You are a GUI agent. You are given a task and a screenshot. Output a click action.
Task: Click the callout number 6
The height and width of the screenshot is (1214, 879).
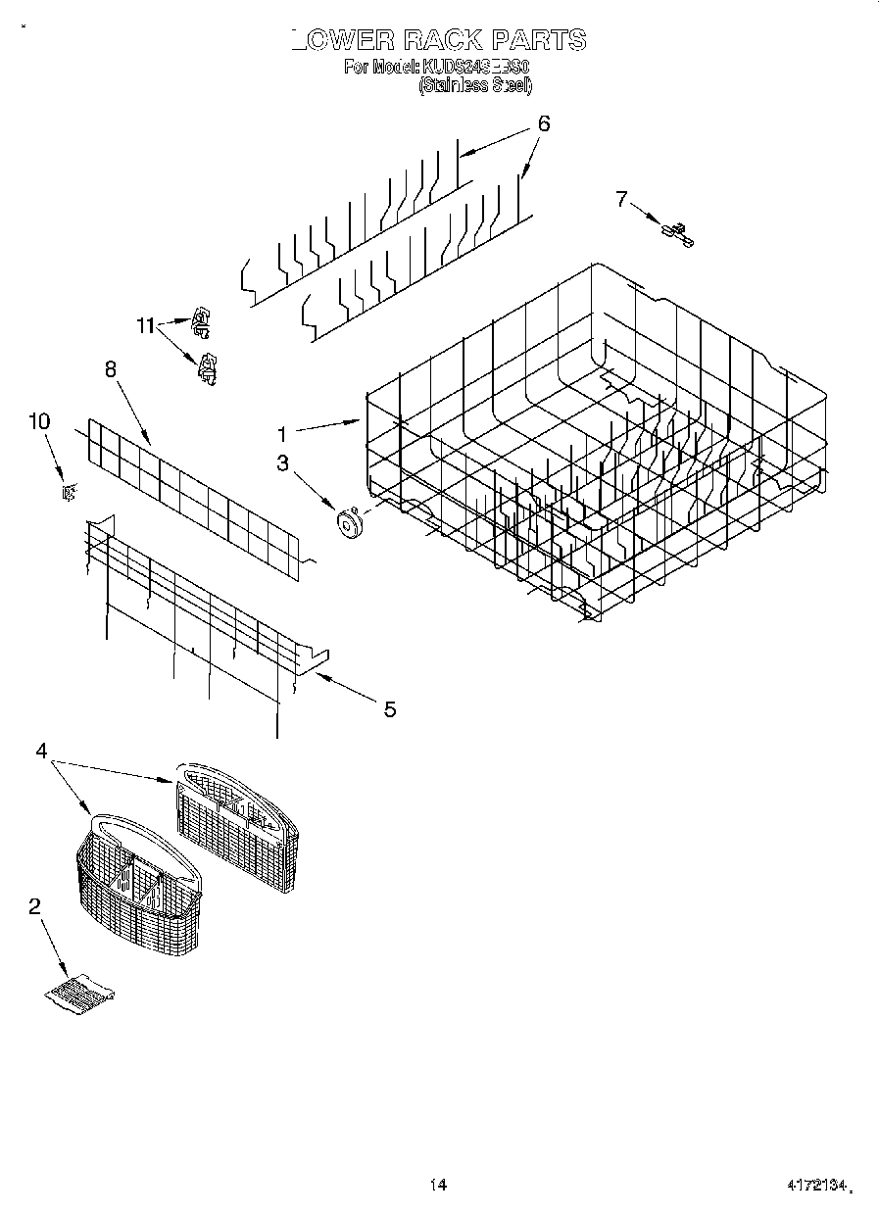(543, 123)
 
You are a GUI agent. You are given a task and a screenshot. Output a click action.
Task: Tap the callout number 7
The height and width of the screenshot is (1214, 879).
(620, 199)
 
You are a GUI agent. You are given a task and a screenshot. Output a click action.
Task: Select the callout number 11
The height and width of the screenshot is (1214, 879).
(146, 326)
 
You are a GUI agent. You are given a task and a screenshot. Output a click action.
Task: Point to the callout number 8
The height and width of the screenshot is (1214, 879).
(110, 368)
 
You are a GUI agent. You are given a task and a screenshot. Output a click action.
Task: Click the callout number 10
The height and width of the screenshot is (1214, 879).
(39, 421)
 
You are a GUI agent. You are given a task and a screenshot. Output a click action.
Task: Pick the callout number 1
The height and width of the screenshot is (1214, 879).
(281, 433)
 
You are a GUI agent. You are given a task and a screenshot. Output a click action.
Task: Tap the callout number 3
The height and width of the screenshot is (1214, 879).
(282, 463)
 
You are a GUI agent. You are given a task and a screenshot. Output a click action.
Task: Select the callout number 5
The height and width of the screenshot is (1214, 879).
(389, 709)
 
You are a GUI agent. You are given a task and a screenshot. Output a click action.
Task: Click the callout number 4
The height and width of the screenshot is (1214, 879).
(41, 751)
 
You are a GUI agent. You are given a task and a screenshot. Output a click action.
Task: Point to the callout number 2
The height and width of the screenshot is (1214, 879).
(34, 906)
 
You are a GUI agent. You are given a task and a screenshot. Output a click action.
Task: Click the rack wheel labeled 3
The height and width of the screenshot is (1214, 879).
(347, 524)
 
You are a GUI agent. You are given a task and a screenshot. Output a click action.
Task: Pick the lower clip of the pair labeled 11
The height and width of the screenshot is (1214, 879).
(207, 365)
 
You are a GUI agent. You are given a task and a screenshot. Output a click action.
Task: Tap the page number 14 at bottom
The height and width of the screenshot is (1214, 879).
(438, 1185)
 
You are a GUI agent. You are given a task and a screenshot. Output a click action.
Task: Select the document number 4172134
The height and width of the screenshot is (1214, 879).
(815, 1187)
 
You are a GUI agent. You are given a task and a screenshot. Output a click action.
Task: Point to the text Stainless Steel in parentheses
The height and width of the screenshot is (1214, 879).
(475, 86)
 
